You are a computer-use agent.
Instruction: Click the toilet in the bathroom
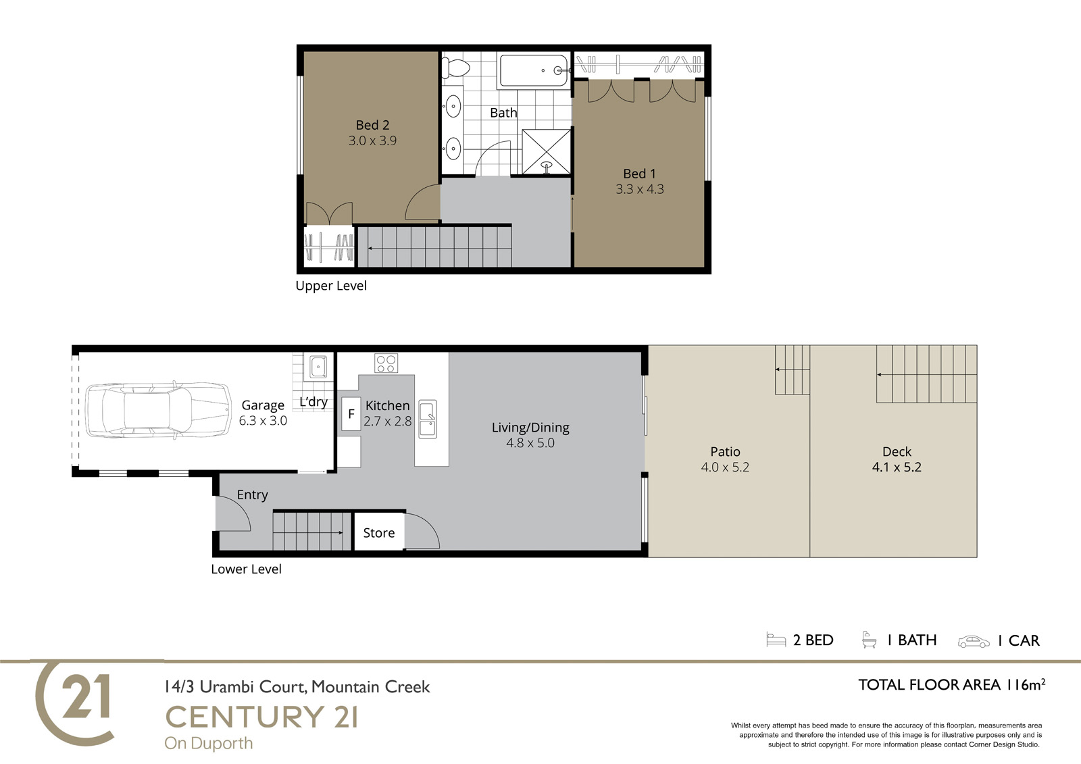tap(456, 68)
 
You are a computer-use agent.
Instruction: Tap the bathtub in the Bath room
tap(534, 70)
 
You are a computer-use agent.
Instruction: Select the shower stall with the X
tap(547, 151)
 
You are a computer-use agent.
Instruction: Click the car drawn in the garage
tap(158, 410)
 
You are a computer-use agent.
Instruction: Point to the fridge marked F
tap(351, 413)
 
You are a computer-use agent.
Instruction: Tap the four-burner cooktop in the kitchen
tap(386, 363)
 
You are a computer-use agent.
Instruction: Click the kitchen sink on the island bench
tap(428, 419)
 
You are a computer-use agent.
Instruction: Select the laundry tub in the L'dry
tap(318, 367)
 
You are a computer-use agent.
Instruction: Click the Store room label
tap(379, 533)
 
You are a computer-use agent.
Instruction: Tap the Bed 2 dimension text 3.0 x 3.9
tap(372, 141)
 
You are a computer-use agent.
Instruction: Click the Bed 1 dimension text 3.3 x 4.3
tap(640, 189)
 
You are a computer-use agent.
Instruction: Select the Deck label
tap(897, 452)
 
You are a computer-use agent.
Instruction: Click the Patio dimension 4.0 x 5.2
tap(726, 467)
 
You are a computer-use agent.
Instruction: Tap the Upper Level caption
tap(331, 286)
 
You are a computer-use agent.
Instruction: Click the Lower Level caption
tap(246, 569)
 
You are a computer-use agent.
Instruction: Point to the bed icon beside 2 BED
tap(776, 640)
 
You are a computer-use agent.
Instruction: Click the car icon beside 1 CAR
tap(974, 642)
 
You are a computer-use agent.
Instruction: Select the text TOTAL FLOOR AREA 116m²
tap(952, 685)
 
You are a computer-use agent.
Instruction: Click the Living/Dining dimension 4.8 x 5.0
tap(530, 443)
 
